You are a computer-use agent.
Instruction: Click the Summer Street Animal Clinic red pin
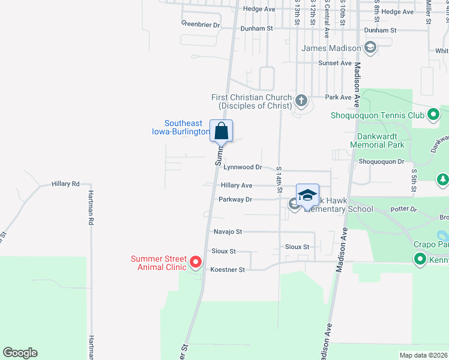coord(195,262)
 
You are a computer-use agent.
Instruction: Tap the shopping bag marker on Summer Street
coord(221,131)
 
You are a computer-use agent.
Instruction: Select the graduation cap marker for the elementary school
coord(307,196)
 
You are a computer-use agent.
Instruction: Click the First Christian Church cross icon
coord(301,100)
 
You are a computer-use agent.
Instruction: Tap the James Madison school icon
coord(370,48)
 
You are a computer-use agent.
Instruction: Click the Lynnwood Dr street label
coord(243,167)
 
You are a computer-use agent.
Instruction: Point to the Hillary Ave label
coord(237,186)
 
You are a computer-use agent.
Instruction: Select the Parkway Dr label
coord(235,199)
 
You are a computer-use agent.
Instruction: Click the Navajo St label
coord(228,232)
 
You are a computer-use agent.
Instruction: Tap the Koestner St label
coord(228,270)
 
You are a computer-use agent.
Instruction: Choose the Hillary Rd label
coord(65,184)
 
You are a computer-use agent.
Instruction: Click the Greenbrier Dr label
coord(201,25)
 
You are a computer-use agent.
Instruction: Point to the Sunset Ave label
coord(335,63)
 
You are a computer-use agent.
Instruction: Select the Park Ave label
coord(338,97)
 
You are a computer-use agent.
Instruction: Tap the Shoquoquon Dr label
coord(382,161)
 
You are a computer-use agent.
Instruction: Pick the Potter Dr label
coord(403,209)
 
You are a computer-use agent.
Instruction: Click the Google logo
coord(20,353)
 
